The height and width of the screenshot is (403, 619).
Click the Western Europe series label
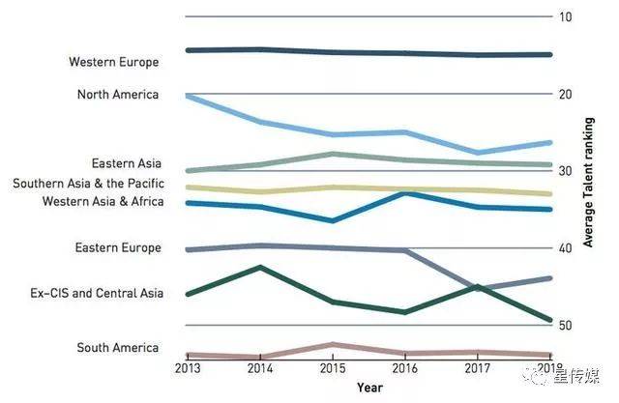[x=113, y=62]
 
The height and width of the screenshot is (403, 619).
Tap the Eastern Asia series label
[x=126, y=164]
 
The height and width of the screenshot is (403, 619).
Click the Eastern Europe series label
[x=117, y=248]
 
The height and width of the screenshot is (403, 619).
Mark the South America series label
[x=117, y=348]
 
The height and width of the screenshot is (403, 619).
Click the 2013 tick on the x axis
[x=187, y=368]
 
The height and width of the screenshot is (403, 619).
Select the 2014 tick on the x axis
[x=259, y=368]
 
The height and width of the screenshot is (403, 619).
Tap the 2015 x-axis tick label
[x=332, y=368]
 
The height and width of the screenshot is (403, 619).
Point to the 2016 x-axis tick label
[x=404, y=368]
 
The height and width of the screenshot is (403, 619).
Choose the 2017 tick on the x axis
[x=477, y=368]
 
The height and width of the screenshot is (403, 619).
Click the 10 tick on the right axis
[x=566, y=17]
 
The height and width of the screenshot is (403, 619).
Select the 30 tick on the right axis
[x=566, y=171]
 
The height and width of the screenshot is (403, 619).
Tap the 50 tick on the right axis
[x=566, y=326]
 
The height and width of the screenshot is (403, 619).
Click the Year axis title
[x=368, y=389]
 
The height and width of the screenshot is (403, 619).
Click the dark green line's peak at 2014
[x=259, y=267]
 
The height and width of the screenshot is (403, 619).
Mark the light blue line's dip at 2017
[x=477, y=153]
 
